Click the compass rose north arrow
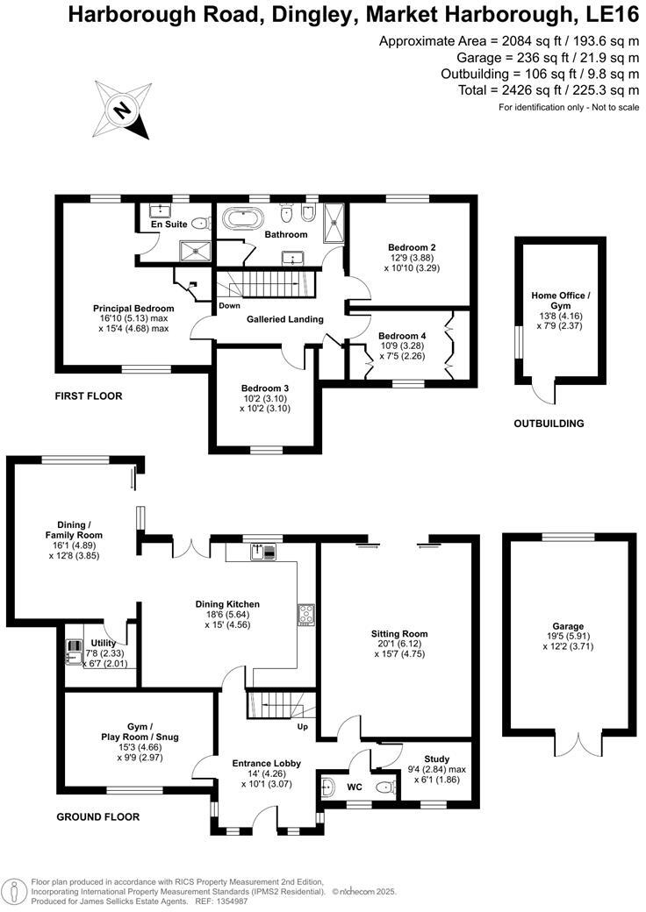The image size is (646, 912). point(124,110)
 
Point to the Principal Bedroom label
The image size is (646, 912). point(133,309)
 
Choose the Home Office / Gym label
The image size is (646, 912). point(561,301)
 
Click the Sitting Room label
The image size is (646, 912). point(399,634)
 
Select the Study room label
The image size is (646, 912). point(436,759)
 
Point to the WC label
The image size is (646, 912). point(355,787)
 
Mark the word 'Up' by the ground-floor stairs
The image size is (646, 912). point(302,727)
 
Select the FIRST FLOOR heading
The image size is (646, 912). point(89,396)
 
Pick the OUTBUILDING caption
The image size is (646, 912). point(549,424)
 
